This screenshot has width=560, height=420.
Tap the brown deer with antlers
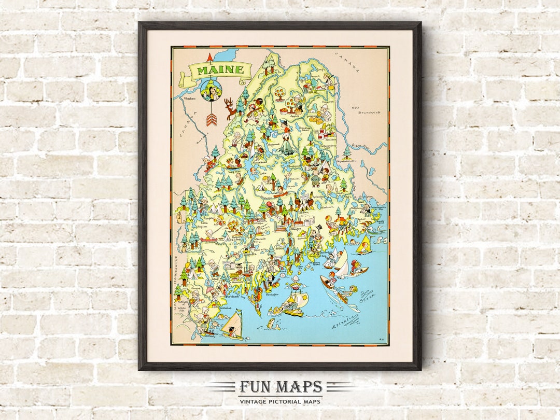230,109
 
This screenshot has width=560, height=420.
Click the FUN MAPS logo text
281,387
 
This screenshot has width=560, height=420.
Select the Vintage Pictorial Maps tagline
280,401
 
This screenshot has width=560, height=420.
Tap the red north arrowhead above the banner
210,56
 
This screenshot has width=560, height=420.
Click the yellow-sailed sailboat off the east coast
365,244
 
